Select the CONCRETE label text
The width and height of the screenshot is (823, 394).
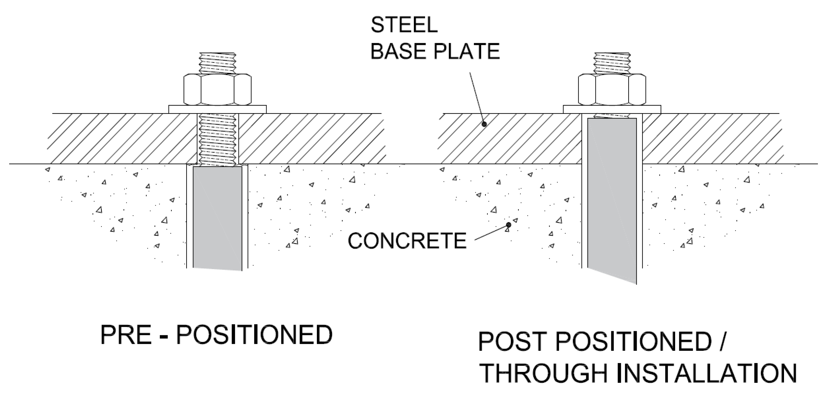point(407,241)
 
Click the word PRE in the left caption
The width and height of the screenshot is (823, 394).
point(126,335)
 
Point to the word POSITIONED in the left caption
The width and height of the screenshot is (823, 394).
point(254,335)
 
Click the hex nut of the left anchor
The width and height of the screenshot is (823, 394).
point(217,90)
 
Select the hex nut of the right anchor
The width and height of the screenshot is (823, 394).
point(612,90)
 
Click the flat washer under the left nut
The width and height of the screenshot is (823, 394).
point(217,109)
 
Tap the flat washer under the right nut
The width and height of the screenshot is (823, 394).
point(612,109)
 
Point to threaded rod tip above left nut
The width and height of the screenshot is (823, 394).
point(217,63)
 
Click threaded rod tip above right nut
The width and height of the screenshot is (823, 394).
point(612,63)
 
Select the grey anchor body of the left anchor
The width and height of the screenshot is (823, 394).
point(217,217)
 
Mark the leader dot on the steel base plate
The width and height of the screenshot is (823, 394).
point(484,124)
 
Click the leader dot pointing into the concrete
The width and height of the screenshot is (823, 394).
point(508,225)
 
